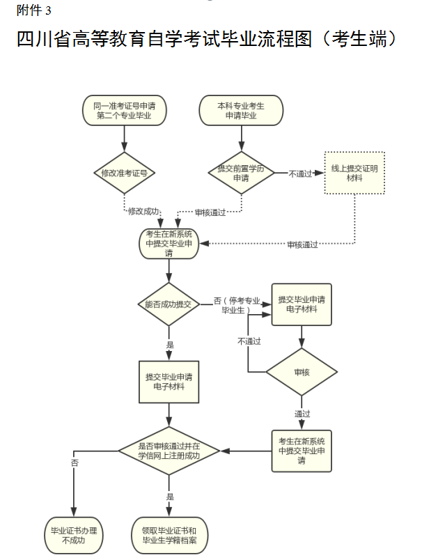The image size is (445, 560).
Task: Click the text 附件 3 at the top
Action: (x=34, y=10)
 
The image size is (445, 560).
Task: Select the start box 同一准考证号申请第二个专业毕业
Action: (x=124, y=111)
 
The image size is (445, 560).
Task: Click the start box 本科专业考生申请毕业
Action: (x=241, y=111)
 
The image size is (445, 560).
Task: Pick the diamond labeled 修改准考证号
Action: (x=124, y=173)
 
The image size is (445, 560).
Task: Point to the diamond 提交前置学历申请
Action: (x=241, y=173)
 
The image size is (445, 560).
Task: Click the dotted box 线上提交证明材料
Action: (x=354, y=173)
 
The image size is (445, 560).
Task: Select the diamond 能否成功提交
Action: (x=169, y=304)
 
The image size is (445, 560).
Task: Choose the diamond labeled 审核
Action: (x=302, y=372)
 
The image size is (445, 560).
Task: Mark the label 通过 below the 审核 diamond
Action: (x=302, y=414)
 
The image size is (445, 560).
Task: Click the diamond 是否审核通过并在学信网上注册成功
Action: (x=169, y=451)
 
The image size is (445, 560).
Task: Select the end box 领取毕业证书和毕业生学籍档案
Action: (x=169, y=535)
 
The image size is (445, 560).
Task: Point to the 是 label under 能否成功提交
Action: (x=170, y=345)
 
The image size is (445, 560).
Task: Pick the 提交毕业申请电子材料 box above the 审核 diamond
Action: (x=302, y=304)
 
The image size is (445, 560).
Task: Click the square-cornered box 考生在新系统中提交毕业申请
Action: (x=302, y=451)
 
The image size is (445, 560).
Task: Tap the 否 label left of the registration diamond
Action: (x=74, y=462)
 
